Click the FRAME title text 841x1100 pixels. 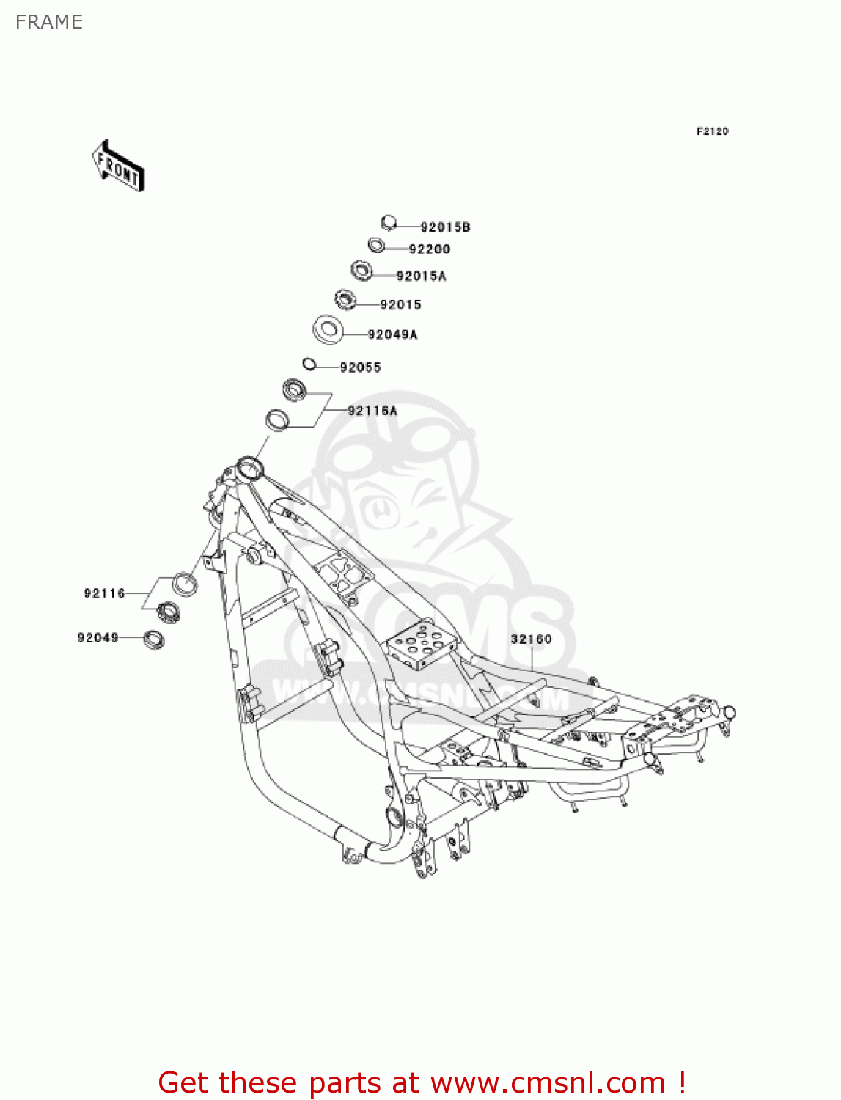(x=49, y=22)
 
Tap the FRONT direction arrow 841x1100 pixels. (x=118, y=166)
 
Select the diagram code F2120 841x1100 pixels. (x=712, y=131)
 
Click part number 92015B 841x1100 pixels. (x=445, y=227)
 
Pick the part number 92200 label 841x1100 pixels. (x=429, y=249)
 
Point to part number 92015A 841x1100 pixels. (x=421, y=276)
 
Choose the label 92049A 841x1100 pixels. (x=392, y=335)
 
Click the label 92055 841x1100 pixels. (x=360, y=367)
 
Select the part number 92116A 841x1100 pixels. (x=372, y=411)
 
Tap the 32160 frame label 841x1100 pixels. (x=531, y=639)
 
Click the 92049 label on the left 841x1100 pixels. (x=98, y=638)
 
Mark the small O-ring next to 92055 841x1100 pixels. (x=309, y=363)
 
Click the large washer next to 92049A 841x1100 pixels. (x=328, y=329)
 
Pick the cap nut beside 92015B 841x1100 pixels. (x=389, y=222)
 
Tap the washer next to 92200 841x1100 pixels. (x=376, y=244)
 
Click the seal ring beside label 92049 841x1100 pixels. (x=153, y=639)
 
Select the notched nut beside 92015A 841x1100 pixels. (x=361, y=271)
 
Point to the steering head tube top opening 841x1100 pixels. (x=249, y=466)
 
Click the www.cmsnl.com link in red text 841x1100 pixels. (x=548, y=1082)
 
